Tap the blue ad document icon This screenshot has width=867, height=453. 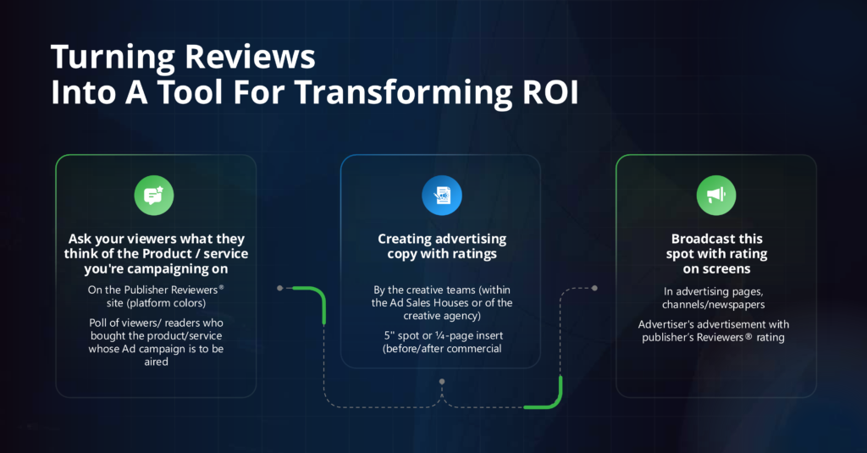coord(440,196)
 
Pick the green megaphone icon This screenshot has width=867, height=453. coord(715,196)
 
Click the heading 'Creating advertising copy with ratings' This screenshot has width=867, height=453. coord(440,246)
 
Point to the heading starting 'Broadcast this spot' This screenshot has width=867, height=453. coord(715,254)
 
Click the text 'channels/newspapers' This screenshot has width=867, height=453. coord(715,304)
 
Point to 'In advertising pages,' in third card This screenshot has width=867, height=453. coord(715,291)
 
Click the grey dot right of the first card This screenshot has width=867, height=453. coord(279,288)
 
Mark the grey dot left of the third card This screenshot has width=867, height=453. coord(594,288)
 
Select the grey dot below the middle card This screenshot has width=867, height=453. coord(440,382)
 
